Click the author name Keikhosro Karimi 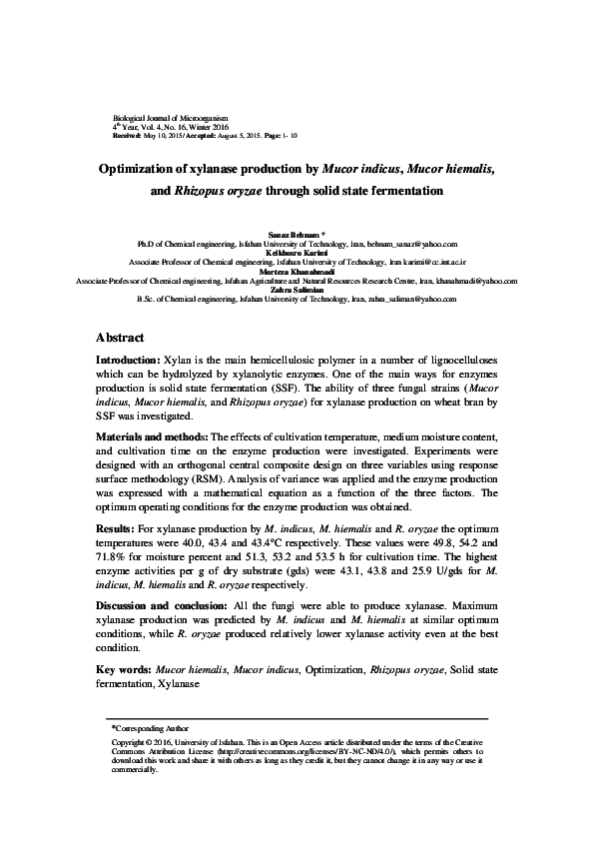coord(297,253)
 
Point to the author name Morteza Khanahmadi coord(297,272)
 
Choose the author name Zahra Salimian coord(297,290)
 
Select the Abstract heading coord(120,338)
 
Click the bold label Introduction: coord(128,359)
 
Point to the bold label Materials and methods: coord(151,436)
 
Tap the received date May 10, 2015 coord(165,135)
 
